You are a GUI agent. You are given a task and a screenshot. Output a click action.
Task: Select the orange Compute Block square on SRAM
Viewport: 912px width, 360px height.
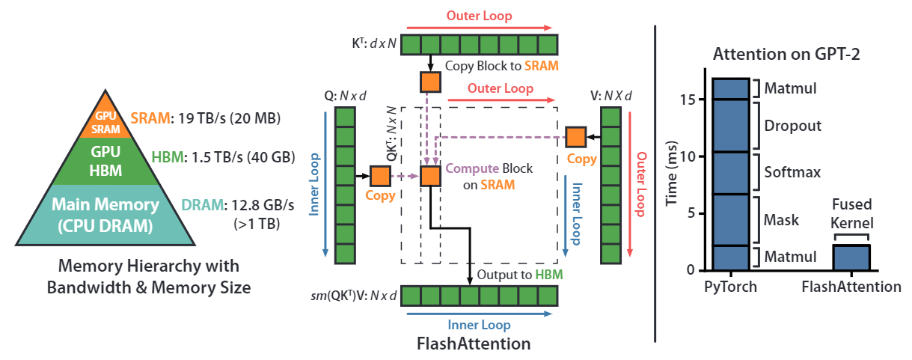(x=430, y=176)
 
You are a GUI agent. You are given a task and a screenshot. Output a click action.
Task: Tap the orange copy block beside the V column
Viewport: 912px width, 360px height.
(x=575, y=137)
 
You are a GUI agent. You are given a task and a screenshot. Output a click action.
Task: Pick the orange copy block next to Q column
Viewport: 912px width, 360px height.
(x=380, y=176)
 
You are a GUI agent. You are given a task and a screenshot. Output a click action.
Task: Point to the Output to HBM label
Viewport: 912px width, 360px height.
(x=519, y=275)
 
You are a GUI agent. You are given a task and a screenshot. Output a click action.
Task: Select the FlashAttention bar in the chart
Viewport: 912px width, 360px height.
(x=851, y=257)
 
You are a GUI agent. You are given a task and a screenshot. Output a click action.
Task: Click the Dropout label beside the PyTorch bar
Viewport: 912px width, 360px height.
(x=792, y=126)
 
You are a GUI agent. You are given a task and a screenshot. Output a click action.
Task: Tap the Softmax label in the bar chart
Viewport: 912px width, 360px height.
(x=792, y=173)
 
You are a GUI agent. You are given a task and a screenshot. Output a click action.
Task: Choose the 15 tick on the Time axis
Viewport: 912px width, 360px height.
(x=694, y=100)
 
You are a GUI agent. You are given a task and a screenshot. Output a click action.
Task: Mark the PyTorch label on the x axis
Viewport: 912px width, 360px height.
(x=730, y=287)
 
